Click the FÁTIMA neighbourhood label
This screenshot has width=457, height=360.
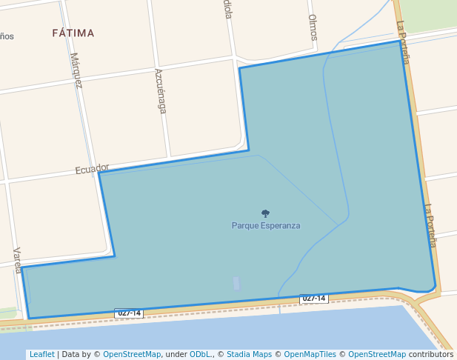point(73,33)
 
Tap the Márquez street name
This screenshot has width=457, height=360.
point(76,70)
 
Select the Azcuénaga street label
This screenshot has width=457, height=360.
point(160,90)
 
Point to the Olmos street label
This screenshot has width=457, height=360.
point(313,27)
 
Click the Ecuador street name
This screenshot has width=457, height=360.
point(93,169)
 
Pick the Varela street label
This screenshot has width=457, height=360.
point(18,260)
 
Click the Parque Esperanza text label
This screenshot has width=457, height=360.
point(266,225)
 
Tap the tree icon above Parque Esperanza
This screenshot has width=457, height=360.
point(266,213)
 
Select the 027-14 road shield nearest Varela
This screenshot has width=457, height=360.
point(128,313)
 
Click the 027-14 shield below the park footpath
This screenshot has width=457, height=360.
point(313,299)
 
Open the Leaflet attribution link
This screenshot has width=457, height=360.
point(41,354)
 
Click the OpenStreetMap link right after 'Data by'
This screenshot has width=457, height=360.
point(132,354)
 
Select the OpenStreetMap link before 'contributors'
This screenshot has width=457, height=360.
point(377,354)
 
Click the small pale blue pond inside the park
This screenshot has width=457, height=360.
point(236,283)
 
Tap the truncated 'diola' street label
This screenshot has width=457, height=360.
point(228,10)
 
